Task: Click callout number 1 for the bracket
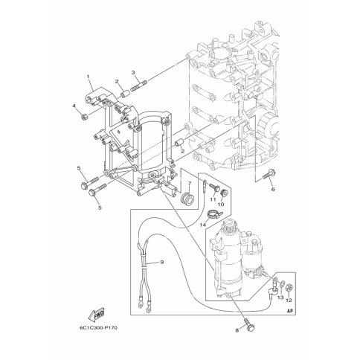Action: click(88, 77)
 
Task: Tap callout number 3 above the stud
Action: click(133, 72)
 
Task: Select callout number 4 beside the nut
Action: click(74, 106)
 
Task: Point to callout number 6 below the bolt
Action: click(273, 190)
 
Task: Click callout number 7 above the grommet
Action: click(190, 184)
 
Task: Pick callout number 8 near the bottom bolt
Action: click(237, 330)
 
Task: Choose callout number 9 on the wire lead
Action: click(162, 262)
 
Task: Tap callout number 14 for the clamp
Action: click(203, 225)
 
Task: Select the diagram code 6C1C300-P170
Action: click(98, 328)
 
